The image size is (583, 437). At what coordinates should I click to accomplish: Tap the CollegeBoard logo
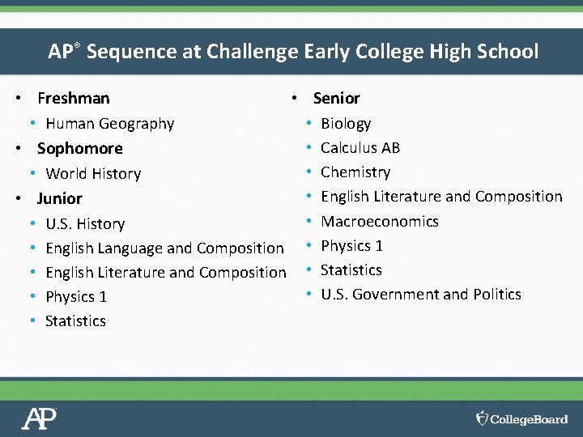[x=521, y=418]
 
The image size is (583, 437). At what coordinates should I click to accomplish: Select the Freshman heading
[x=74, y=99]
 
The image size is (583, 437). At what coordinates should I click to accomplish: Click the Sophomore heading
[x=80, y=149]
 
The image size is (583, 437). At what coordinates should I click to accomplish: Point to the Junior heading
[x=60, y=199]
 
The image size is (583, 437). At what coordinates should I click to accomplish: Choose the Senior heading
[x=336, y=99]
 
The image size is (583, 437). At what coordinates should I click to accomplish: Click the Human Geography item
[x=110, y=124]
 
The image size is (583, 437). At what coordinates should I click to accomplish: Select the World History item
[x=93, y=174]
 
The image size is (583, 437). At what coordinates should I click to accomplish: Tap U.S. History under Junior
[x=85, y=224]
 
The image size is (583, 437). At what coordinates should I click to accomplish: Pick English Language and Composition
[x=164, y=248]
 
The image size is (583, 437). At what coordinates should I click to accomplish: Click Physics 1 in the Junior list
[x=76, y=297]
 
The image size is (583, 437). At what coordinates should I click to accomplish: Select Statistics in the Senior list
[x=351, y=270]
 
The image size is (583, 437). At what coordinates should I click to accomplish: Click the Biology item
[x=346, y=124]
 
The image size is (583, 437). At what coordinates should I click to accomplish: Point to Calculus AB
[x=360, y=148]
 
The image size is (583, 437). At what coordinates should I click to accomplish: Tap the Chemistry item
[x=355, y=172]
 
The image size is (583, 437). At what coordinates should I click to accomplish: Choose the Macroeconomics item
[x=380, y=222]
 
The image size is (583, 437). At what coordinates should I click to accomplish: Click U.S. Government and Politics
[x=421, y=295]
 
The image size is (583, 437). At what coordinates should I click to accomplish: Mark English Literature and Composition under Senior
[x=441, y=197]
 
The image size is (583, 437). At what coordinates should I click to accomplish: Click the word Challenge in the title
[x=253, y=52]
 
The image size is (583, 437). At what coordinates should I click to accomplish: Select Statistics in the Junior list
[x=75, y=321]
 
